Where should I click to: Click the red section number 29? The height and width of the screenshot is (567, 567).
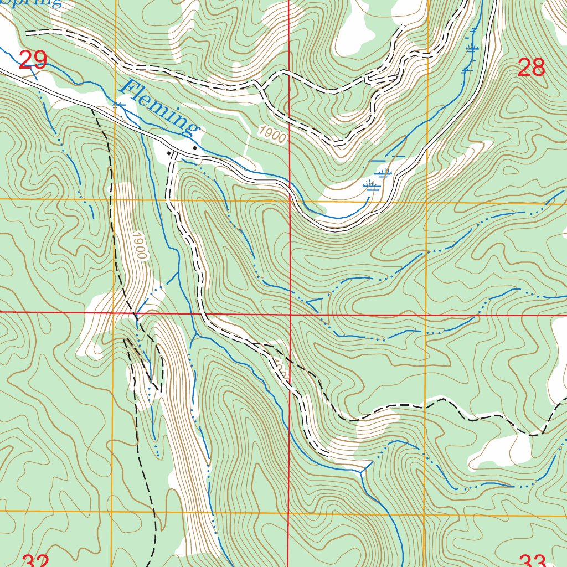click(33, 60)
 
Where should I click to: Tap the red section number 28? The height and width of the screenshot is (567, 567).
click(531, 68)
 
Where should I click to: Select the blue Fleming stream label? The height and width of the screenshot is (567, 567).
click(159, 108)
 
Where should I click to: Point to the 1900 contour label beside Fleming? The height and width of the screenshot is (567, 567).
click(272, 135)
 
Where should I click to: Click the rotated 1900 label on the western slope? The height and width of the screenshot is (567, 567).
click(138, 246)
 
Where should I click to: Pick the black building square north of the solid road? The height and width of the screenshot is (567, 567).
click(195, 148)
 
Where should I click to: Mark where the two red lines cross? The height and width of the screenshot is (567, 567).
click(291, 314)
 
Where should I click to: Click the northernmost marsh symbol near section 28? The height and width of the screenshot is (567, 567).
click(472, 49)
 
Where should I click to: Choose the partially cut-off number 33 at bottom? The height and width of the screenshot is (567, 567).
click(533, 560)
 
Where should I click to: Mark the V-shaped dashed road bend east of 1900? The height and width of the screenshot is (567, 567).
click(339, 143)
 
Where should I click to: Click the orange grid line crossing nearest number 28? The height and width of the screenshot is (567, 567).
click(426, 202)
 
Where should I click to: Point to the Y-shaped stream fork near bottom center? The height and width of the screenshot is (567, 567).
click(363, 472)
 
